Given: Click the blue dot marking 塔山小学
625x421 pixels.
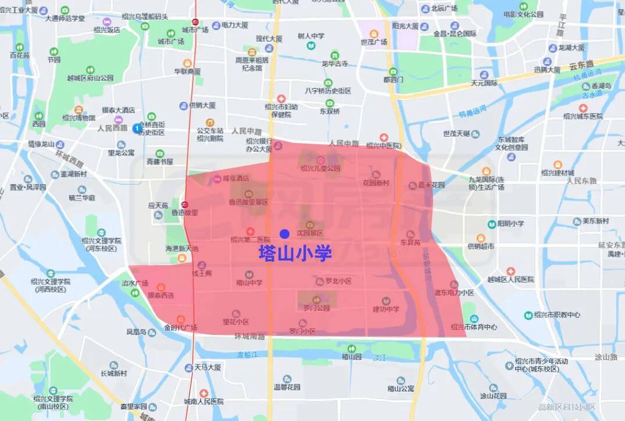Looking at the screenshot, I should point(284,234).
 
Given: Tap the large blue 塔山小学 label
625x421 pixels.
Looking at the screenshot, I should point(295,254).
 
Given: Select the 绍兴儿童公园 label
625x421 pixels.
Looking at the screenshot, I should point(320,169).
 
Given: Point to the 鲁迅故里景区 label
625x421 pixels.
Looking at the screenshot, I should point(248,202).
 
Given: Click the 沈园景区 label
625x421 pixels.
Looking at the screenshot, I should point(309,233).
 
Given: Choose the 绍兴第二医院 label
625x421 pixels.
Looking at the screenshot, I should point(251,239).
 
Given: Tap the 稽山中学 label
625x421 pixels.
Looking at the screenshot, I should point(249,283).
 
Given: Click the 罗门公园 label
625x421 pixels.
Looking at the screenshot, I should point(316,308).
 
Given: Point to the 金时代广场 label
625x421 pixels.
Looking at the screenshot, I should point(180,327).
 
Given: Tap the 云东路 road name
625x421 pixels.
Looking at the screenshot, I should point(581,64).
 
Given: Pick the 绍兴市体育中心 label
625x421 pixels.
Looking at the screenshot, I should point(473,327).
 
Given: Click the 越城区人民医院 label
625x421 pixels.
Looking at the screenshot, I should point(510,279).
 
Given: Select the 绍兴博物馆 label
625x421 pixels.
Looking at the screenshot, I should point(78,117).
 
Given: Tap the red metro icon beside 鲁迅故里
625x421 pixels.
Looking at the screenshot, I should point(184,205).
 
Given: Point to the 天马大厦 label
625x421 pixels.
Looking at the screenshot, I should point(207,368).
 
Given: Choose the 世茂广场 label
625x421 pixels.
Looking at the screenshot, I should point(373,42).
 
